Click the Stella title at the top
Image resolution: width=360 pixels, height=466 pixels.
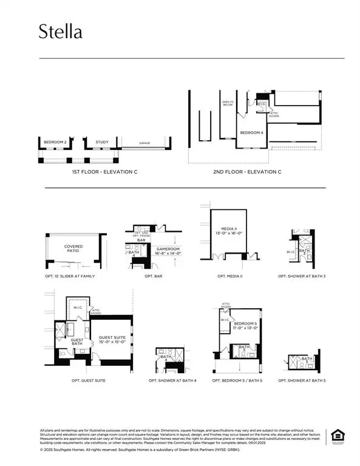pyautogui.click(x=61, y=32)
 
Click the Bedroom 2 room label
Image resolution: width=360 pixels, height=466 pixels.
pyautogui.click(x=55, y=143)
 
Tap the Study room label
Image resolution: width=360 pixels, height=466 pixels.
pyautogui.click(x=102, y=143)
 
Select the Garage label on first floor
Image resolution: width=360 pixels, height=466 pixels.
pyautogui.click(x=144, y=143)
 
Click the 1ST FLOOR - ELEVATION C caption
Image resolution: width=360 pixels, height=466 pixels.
pyautogui.click(x=104, y=172)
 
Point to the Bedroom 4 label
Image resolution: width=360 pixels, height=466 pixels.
pyautogui.click(x=251, y=132)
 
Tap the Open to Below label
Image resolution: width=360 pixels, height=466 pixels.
pyautogui.click(x=228, y=103)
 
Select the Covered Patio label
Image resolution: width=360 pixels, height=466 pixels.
pyautogui.click(x=74, y=249)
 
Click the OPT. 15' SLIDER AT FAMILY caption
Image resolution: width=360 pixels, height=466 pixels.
pyautogui.click(x=70, y=276)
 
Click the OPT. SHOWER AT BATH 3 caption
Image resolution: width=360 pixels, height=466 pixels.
pyautogui.click(x=302, y=276)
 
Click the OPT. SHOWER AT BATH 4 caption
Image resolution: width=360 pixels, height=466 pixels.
pyautogui.click(x=172, y=380)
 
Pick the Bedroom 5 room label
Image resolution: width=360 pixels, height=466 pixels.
pyautogui.click(x=246, y=326)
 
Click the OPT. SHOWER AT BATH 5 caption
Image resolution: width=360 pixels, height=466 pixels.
pyautogui.click(x=302, y=380)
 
